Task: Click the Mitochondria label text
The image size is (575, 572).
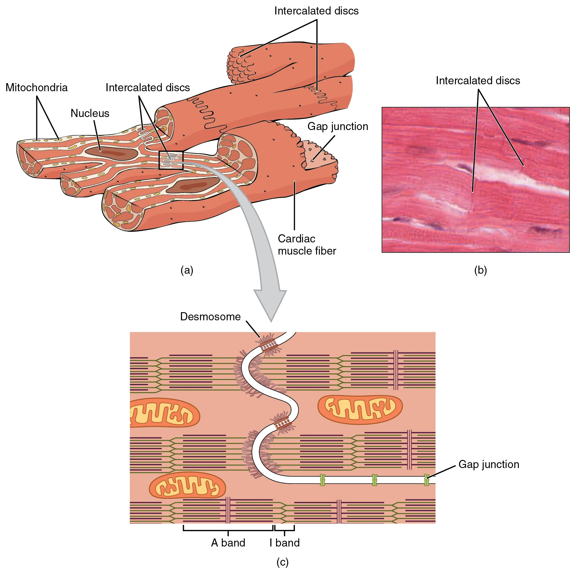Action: tap(37, 88)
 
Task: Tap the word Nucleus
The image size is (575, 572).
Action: tap(90, 113)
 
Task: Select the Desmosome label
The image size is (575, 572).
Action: tap(210, 317)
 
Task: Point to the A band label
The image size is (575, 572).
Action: tap(228, 542)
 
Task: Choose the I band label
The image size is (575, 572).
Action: tap(284, 542)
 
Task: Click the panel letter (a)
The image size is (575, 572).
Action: tap(187, 270)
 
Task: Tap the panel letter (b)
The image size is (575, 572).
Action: tap(480, 270)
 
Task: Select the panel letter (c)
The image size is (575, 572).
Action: tap(282, 562)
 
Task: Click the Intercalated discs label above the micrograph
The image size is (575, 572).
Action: tap(478, 81)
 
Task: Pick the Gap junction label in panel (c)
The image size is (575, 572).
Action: tap(488, 464)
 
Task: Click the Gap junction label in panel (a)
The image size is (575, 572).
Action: tap(338, 126)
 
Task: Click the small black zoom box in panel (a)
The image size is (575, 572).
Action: tap(171, 160)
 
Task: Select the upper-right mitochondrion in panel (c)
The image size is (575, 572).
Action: tap(360, 410)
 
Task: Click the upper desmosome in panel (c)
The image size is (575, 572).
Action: tap(268, 345)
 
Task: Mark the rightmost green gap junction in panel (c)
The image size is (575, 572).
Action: tap(427, 480)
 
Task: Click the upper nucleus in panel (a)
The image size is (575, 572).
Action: tap(112, 153)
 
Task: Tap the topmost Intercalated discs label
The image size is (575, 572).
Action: tap(316, 11)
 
